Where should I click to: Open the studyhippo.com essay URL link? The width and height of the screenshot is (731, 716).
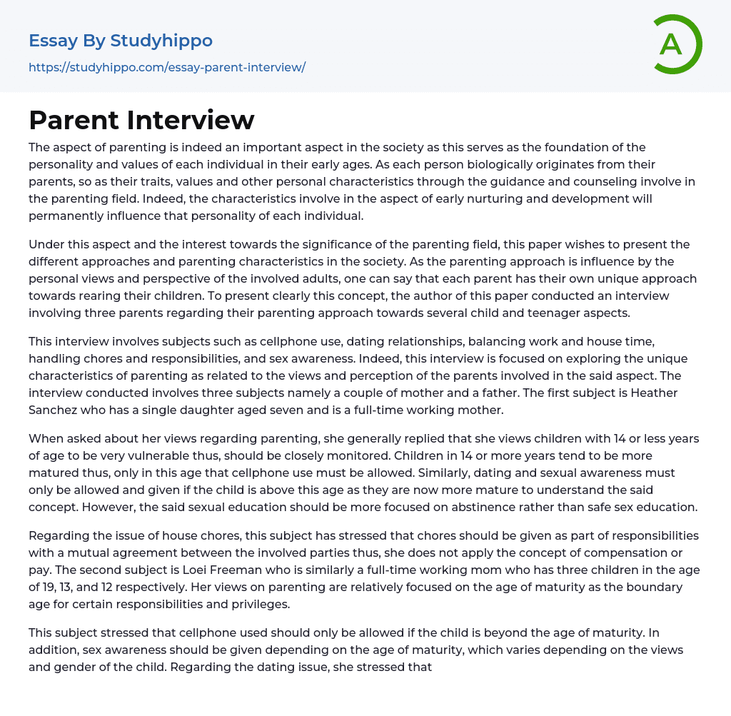point(167,67)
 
